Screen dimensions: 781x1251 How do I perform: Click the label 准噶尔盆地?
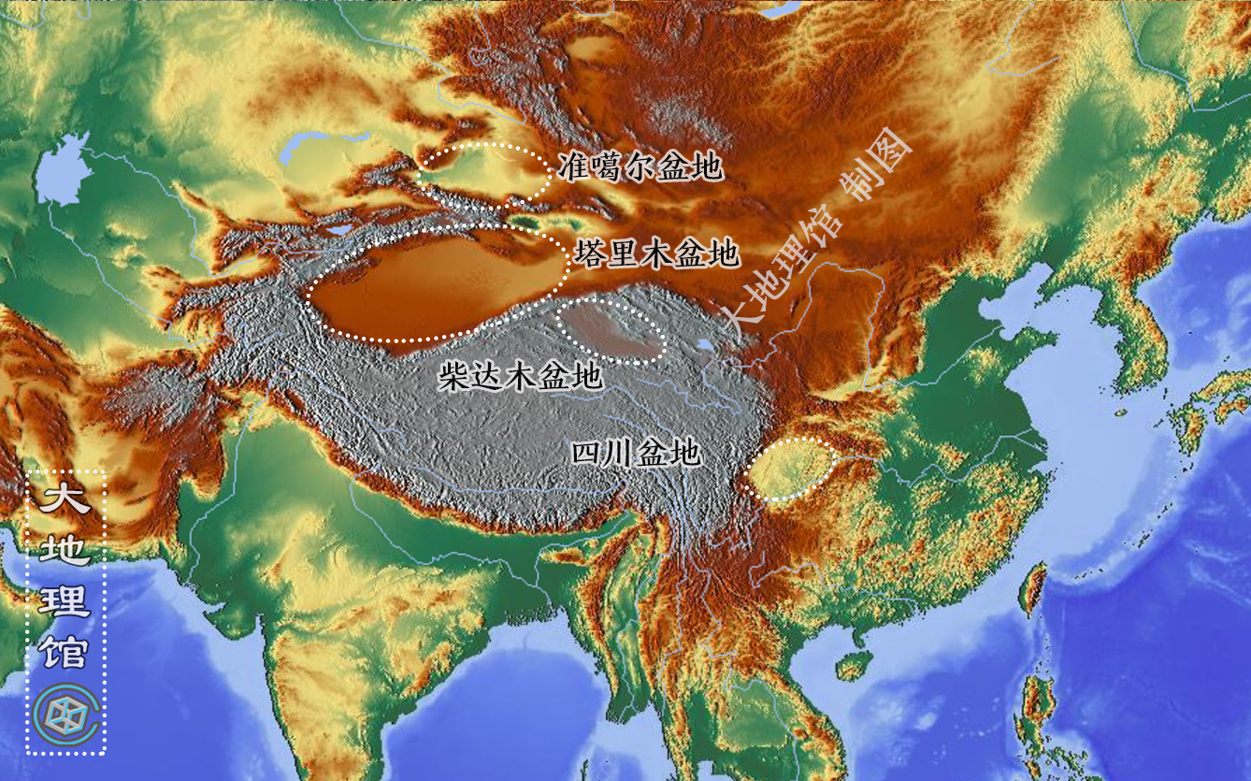tap(640, 167)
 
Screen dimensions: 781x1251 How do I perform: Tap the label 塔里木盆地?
tap(658, 253)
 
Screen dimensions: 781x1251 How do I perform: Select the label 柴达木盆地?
tap(520, 377)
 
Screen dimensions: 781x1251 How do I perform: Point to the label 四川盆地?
tap(636, 454)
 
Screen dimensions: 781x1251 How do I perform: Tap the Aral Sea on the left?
tap(64, 173)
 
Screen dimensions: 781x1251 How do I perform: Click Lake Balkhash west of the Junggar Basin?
tap(318, 144)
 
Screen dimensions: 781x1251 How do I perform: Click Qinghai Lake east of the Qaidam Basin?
tap(703, 347)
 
